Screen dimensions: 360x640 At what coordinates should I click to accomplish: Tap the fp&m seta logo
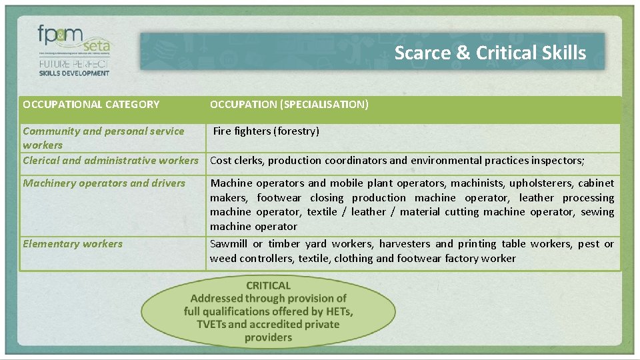73,41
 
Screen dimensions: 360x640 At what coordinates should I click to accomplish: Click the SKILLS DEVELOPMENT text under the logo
73,73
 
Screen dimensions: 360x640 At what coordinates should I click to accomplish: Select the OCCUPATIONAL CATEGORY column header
91,104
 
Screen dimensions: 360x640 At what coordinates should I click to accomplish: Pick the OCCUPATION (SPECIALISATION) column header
289,104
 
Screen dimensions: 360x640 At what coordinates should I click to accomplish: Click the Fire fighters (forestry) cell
266,131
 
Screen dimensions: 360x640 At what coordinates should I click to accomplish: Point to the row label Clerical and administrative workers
111,160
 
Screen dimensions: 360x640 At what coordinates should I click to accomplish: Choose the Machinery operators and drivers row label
104,183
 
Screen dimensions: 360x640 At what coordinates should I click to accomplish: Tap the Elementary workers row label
73,243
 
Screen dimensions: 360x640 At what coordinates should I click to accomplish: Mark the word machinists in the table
477,183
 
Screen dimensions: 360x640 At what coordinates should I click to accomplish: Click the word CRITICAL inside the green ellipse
268,285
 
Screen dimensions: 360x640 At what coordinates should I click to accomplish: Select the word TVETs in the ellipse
212,325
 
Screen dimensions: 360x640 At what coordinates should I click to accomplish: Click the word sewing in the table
597,212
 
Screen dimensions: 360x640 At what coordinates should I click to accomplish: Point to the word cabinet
596,183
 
